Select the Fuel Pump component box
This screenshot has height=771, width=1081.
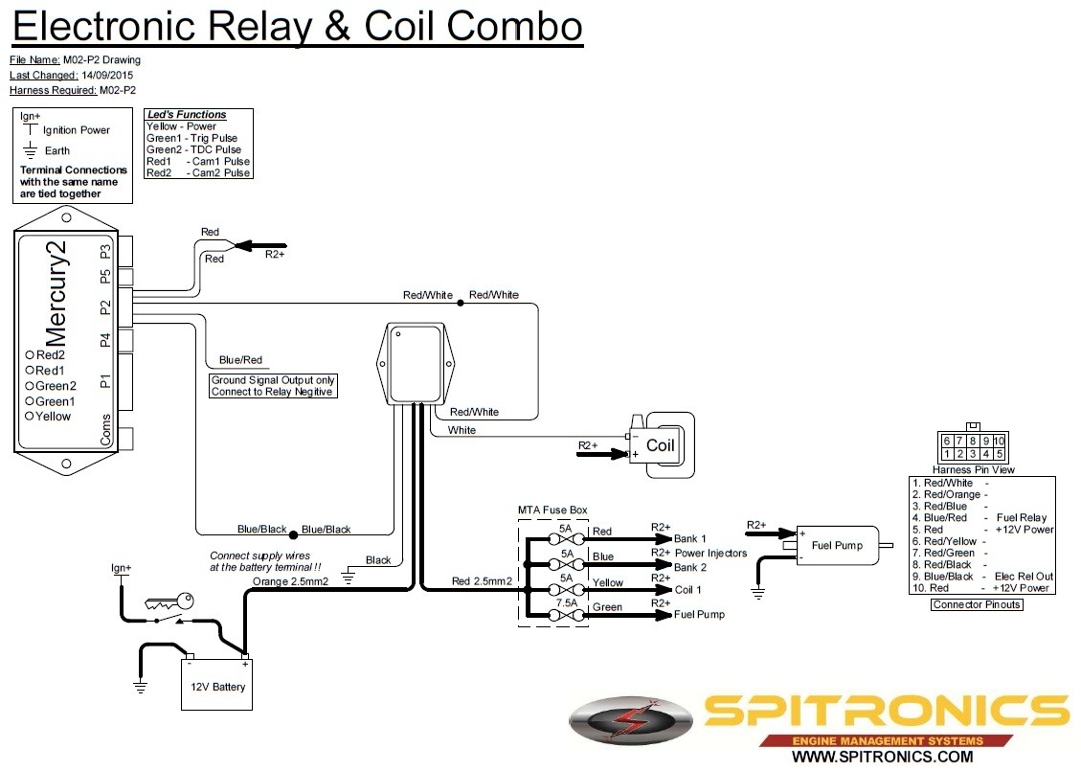click(x=836, y=546)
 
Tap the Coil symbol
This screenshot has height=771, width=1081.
click(x=660, y=445)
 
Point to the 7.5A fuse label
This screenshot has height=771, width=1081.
click(x=568, y=603)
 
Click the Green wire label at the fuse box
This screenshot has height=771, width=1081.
click(x=607, y=607)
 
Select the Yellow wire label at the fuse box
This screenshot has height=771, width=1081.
click(x=608, y=582)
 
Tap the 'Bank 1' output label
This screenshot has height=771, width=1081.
click(x=690, y=539)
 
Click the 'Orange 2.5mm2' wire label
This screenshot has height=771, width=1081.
click(x=291, y=581)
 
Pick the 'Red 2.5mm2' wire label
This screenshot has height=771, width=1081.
click(x=482, y=581)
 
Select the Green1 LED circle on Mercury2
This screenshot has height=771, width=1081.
click(x=30, y=401)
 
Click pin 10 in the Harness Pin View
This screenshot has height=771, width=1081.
click(x=999, y=441)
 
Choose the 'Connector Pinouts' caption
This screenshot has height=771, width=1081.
click(x=977, y=604)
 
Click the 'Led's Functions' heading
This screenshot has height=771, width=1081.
click(x=187, y=115)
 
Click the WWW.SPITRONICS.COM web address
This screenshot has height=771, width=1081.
click(x=882, y=757)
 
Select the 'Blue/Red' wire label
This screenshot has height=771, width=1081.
click(x=240, y=360)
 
